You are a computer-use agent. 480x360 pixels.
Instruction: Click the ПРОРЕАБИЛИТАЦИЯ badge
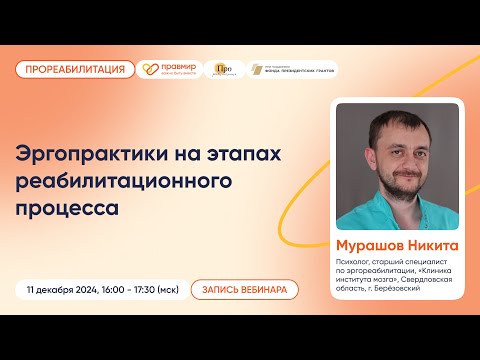click(x=76, y=69)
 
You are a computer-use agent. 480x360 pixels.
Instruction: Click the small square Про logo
click(x=223, y=69)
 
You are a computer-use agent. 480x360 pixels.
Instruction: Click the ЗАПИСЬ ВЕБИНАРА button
click(x=245, y=289)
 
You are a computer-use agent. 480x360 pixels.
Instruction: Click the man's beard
click(x=395, y=187)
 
